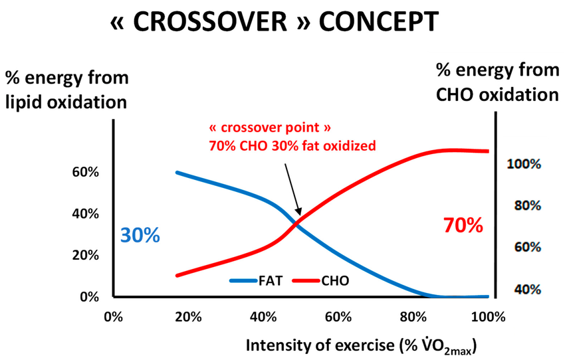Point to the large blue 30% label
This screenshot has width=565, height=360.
(x=140, y=235)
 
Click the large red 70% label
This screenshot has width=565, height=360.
(x=463, y=226)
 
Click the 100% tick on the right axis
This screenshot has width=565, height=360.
(x=524, y=164)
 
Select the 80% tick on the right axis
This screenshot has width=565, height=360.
(x=527, y=206)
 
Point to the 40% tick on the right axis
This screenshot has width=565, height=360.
(x=527, y=290)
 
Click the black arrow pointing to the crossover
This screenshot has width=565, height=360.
(x=291, y=186)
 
